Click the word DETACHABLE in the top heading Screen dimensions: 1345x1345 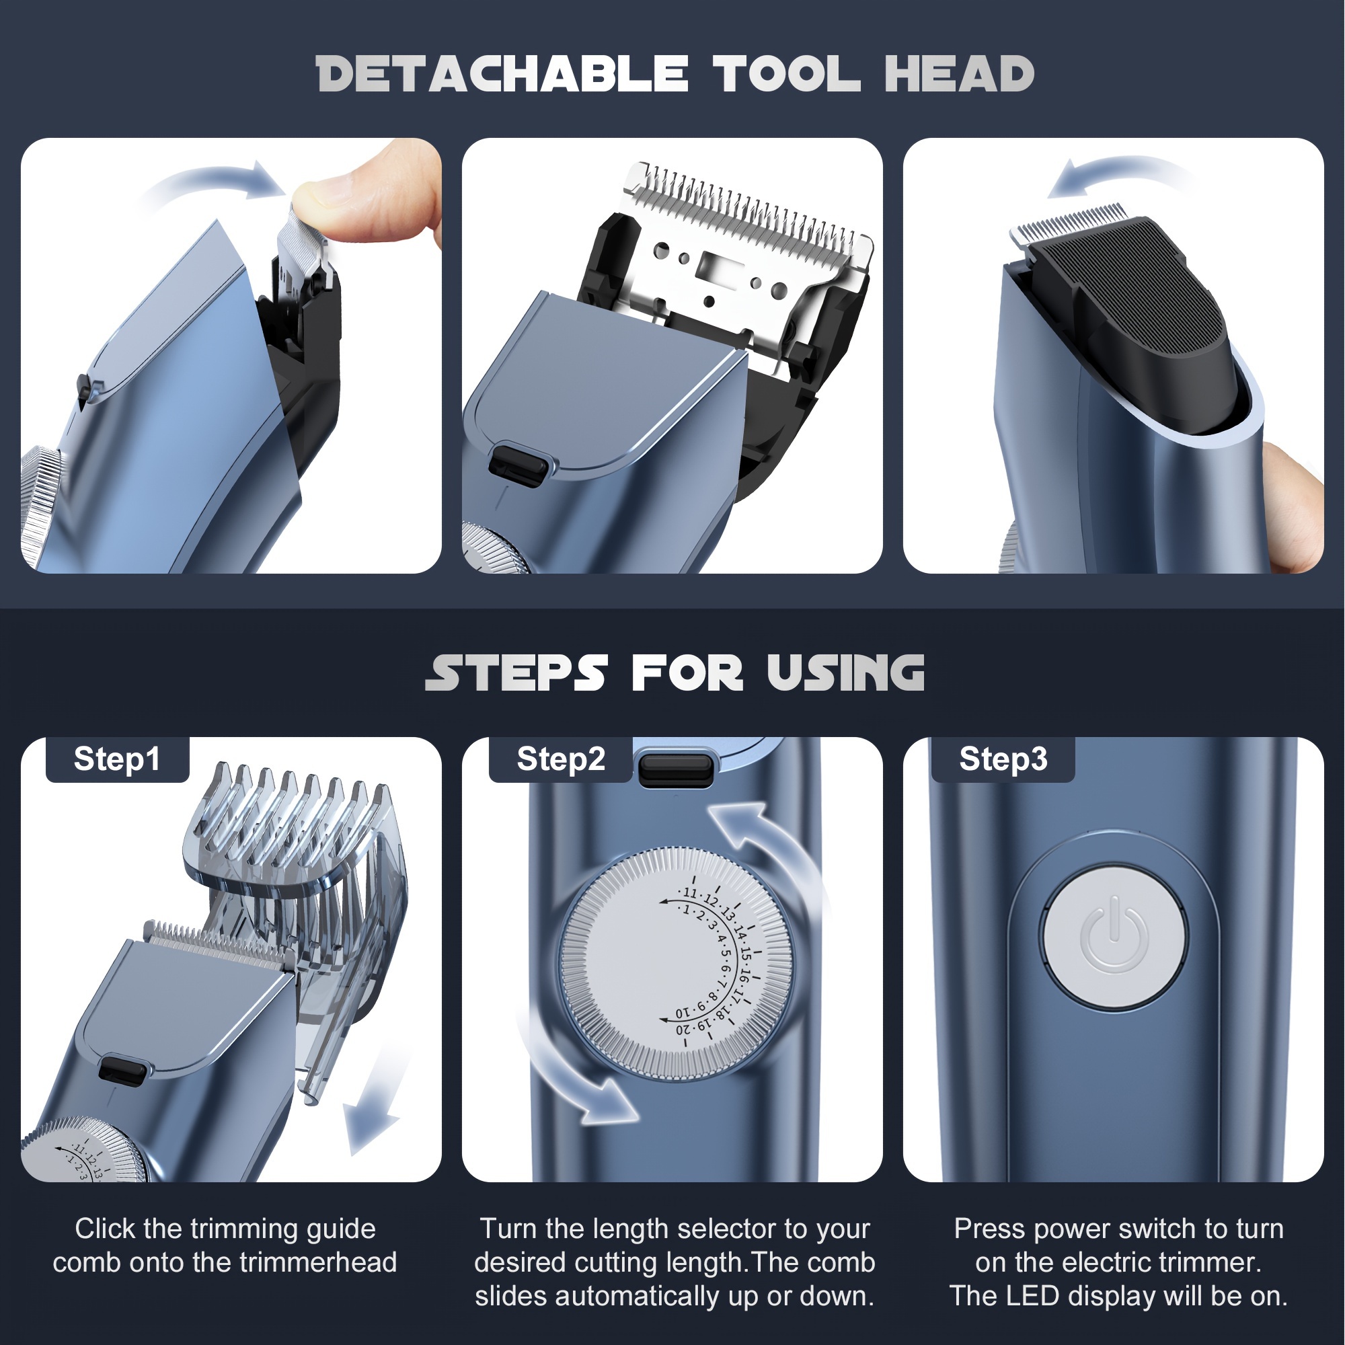[x=501, y=75]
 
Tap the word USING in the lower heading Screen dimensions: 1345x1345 [x=845, y=673]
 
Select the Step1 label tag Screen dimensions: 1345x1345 [x=117, y=759]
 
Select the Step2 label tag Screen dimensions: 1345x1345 [x=560, y=759]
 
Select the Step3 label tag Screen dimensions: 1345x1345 [x=1003, y=759]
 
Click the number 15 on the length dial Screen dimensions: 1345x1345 [x=746, y=954]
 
